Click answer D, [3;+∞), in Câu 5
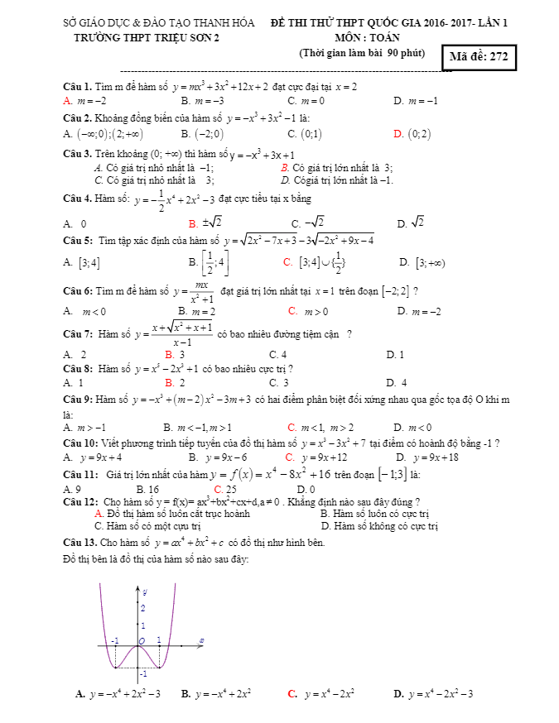pos(422,263)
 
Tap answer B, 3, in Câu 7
pos(175,354)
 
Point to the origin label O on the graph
pos(142,641)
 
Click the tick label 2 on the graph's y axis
pos(142,608)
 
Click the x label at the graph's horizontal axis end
pos(202,641)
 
